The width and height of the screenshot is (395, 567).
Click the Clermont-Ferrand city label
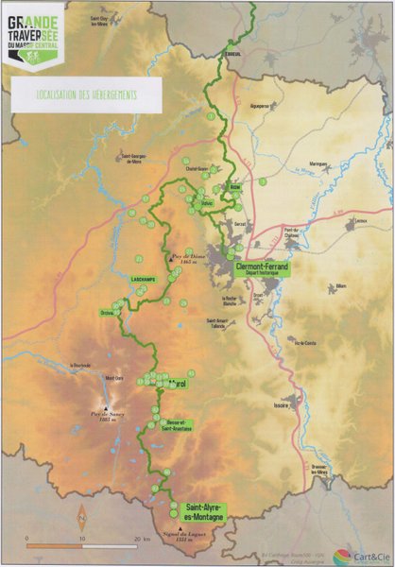263,267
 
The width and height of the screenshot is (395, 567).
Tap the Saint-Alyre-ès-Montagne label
205,511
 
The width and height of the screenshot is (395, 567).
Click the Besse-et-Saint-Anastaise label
180,425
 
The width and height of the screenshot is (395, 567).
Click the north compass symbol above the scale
82,517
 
